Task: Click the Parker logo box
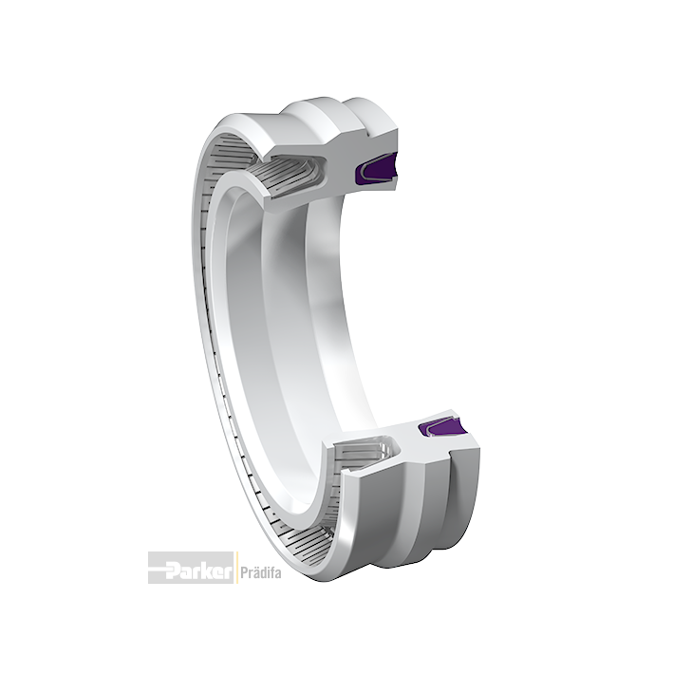191,568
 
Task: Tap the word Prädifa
260,573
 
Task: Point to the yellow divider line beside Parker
235,568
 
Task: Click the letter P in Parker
175,570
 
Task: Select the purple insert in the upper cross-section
377,168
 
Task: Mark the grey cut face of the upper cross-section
335,172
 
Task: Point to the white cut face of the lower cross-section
412,451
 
